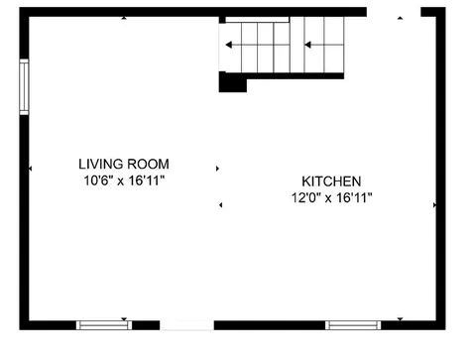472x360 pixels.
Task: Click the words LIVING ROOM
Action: (x=124, y=164)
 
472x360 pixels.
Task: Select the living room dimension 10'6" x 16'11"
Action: (x=124, y=180)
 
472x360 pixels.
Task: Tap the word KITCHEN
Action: (x=331, y=181)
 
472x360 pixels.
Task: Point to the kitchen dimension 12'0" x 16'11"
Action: (x=331, y=197)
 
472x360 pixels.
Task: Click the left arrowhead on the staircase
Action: (x=230, y=44)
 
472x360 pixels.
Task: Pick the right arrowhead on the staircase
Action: (x=308, y=44)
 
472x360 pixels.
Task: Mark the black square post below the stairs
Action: (x=232, y=84)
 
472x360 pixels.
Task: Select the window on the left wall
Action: (x=24, y=86)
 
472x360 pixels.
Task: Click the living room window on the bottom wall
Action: (x=103, y=324)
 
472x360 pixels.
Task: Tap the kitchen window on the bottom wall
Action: (x=353, y=324)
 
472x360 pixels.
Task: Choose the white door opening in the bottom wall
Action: (x=186, y=324)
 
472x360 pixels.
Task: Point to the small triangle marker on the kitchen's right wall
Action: (x=434, y=205)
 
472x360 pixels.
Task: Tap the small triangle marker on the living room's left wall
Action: (x=31, y=169)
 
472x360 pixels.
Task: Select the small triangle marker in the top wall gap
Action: (x=401, y=17)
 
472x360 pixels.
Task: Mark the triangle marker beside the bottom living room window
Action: (x=125, y=318)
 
